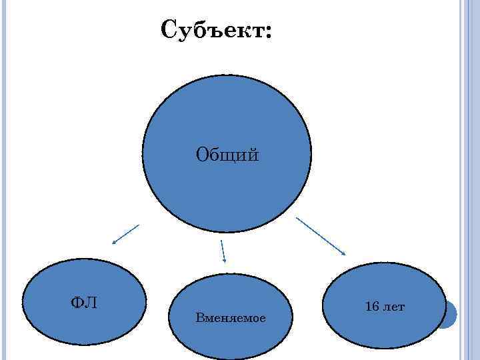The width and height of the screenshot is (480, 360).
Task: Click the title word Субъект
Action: point(212,30)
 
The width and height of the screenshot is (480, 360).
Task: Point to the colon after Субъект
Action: point(268,33)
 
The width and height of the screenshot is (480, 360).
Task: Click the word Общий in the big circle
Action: point(227,156)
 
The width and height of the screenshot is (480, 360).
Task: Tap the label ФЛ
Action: point(84,303)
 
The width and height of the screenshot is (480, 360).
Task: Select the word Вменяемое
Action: point(231,318)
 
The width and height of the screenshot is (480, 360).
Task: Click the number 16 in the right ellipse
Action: point(372,307)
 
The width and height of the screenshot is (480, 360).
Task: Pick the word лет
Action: point(393,307)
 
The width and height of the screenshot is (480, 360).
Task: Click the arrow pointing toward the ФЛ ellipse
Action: point(125,234)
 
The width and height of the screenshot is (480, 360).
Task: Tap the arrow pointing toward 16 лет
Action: point(321,235)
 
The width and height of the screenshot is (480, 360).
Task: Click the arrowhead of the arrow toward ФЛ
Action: point(114,243)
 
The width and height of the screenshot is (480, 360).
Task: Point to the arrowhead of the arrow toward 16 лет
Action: point(343,253)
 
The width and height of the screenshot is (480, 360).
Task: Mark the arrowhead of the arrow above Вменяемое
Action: point(225,260)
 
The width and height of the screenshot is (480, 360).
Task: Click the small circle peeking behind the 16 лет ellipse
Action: point(450,314)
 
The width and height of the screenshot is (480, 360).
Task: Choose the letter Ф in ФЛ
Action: point(77,303)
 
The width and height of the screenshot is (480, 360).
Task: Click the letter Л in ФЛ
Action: point(91,303)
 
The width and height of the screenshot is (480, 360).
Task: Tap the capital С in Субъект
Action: point(169,29)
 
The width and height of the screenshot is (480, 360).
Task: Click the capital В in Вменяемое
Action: point(199,318)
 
